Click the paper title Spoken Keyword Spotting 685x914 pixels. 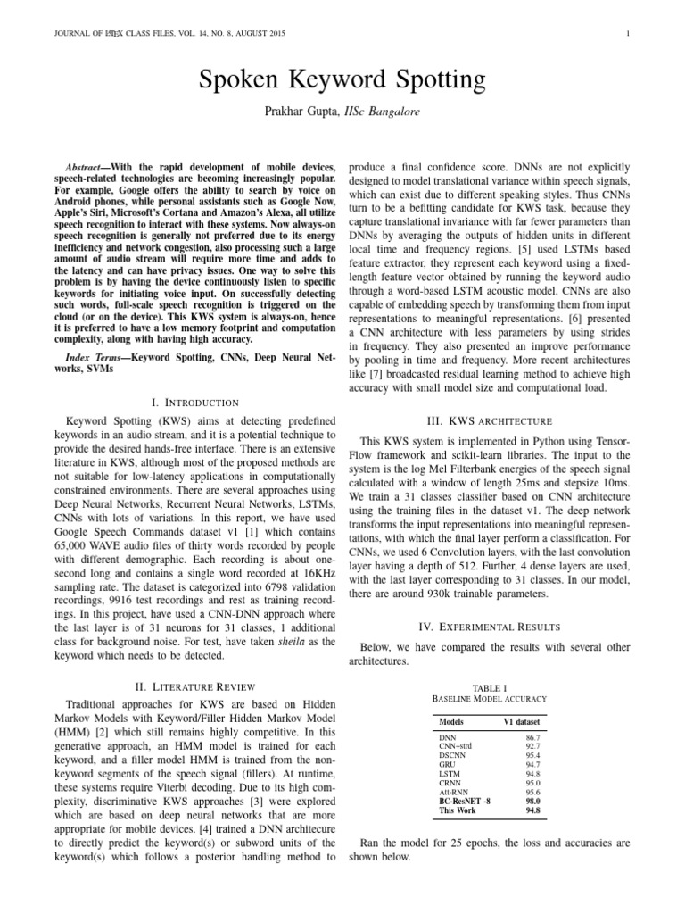click(342, 82)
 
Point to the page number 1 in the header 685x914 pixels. click(629, 35)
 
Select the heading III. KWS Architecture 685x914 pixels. click(489, 421)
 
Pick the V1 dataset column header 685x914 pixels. click(522, 720)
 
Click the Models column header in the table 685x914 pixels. click(454, 720)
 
